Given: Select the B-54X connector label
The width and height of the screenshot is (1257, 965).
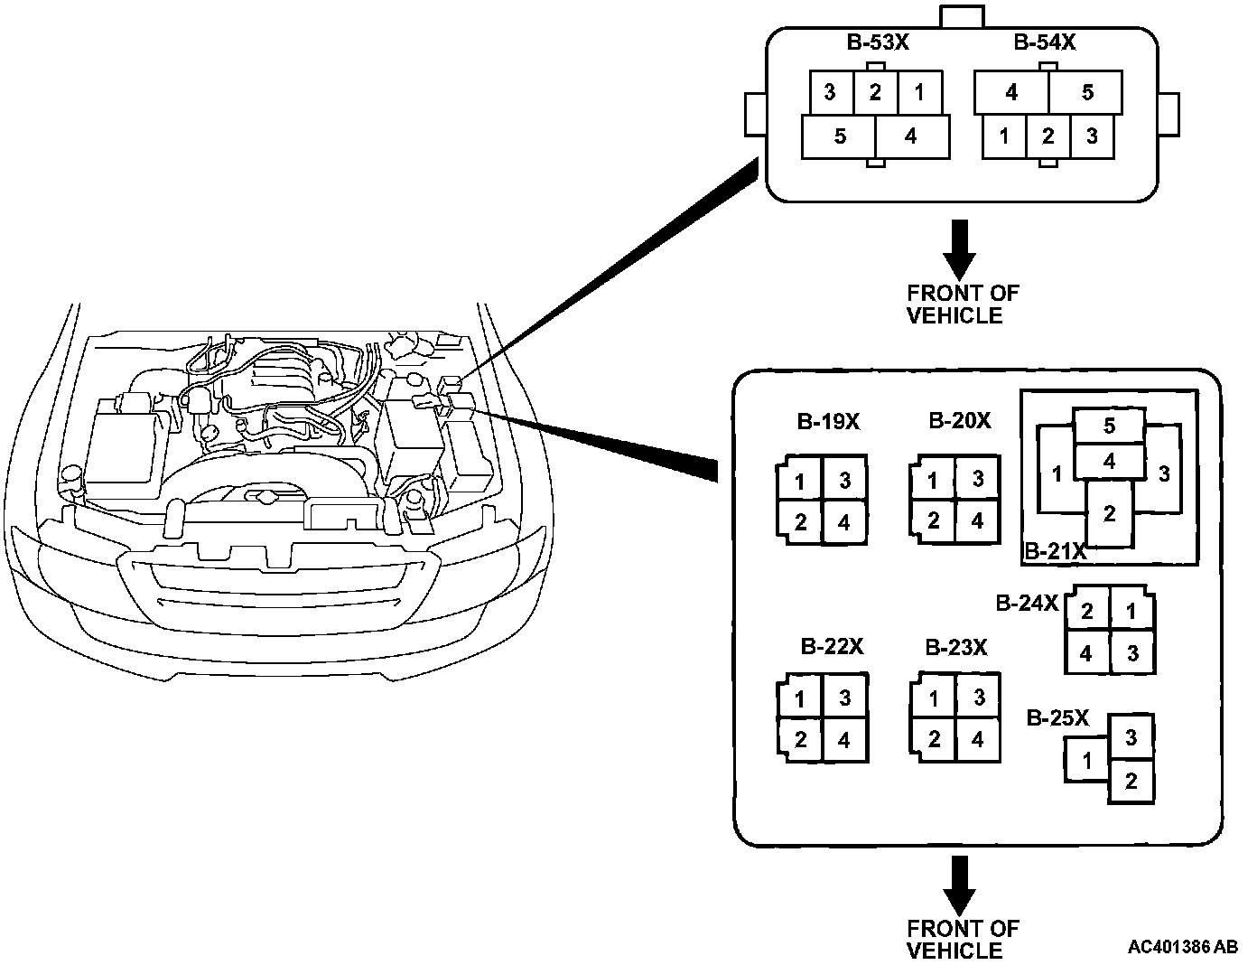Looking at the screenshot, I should pos(1044,42).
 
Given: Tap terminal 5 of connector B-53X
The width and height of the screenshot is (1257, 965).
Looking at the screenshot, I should pos(840,137).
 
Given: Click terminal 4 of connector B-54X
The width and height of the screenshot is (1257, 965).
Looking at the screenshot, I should pos(1011,92).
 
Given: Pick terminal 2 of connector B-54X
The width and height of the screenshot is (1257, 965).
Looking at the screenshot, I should pos(1047,137).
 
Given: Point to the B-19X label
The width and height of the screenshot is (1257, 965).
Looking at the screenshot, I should pos(828,421).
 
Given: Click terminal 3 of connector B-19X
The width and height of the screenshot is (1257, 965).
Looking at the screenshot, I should pos(845,480).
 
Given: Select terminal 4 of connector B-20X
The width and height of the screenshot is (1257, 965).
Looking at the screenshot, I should pos(978,521).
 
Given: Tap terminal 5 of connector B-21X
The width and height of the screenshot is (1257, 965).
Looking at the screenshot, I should pos(1109,426).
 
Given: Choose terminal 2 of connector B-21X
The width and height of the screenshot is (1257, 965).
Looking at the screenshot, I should pos(1109,514).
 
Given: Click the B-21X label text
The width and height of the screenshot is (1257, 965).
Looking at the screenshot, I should pos(1055,551).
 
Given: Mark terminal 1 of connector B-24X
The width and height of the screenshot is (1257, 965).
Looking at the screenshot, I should pos(1132,611).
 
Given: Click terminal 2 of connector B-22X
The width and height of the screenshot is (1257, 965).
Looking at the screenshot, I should pos(800,740).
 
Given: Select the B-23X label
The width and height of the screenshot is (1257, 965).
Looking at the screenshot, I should pos(955,648).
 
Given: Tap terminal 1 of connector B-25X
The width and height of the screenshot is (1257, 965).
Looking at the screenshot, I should pos(1087,760).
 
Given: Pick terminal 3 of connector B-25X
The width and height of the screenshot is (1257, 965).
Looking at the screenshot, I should pos(1131,737).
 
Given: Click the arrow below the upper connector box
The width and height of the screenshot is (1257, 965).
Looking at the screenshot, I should pos(958,248).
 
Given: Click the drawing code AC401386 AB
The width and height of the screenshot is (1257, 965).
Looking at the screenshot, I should pos(1182,947).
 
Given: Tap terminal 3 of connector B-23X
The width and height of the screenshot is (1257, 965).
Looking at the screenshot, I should pos(978,698).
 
